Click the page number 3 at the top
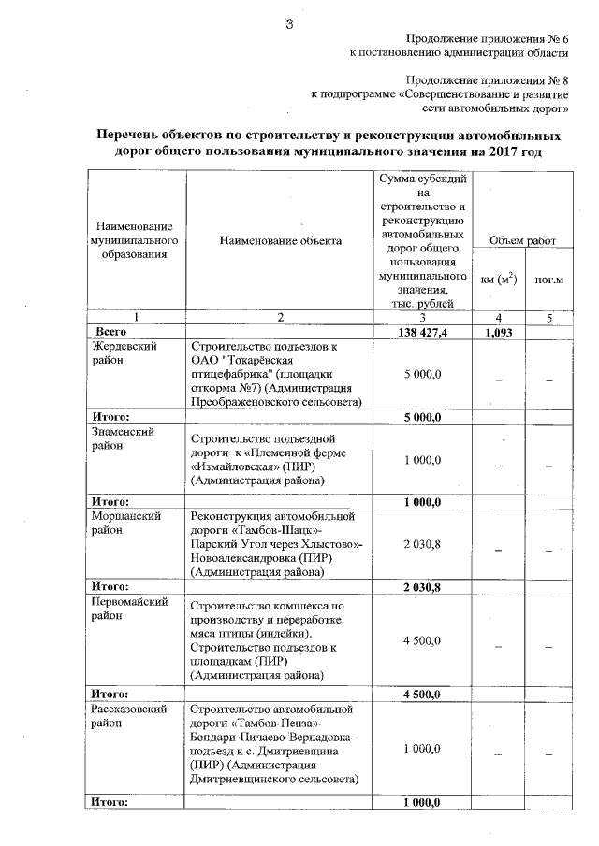[290, 24]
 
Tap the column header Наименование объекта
[281, 240]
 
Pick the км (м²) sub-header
[499, 279]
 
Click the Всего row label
[113, 332]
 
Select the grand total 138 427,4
[423, 332]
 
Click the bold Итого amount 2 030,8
[423, 587]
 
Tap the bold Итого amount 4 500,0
[423, 695]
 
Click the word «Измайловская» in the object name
[233, 466]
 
